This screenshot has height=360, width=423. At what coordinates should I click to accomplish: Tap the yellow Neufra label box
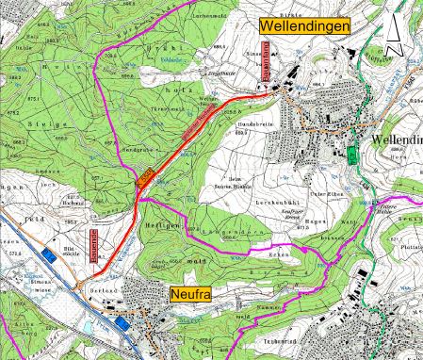(x=190, y=295)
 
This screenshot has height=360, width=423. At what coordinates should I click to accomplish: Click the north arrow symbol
(x=397, y=38)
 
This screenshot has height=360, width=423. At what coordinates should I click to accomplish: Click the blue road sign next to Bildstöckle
(x=48, y=254)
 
